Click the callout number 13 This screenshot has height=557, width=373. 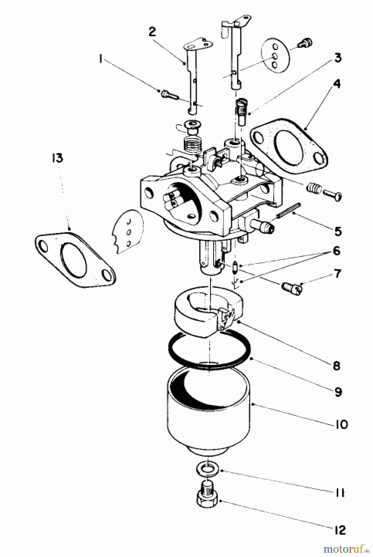(x=57, y=158)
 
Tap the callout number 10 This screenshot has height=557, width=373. (x=341, y=424)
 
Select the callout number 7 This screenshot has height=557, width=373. (x=337, y=274)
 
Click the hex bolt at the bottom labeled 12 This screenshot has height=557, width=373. (x=207, y=497)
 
